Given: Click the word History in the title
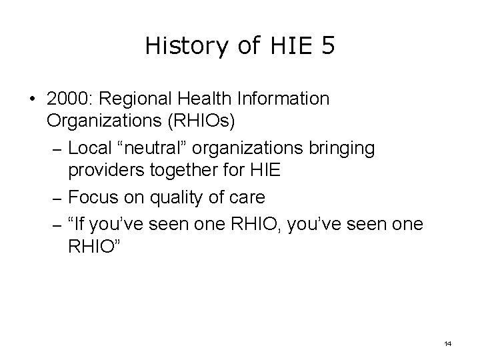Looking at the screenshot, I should click(175, 47).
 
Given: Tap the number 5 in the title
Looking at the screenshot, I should click(327, 47).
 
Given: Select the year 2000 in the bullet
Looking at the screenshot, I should click(69, 99).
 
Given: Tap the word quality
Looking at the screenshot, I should click(167, 198).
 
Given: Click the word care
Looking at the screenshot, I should click(245, 198).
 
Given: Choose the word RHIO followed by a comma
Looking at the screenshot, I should click(258, 222).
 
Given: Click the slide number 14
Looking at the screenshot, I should click(447, 343).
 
